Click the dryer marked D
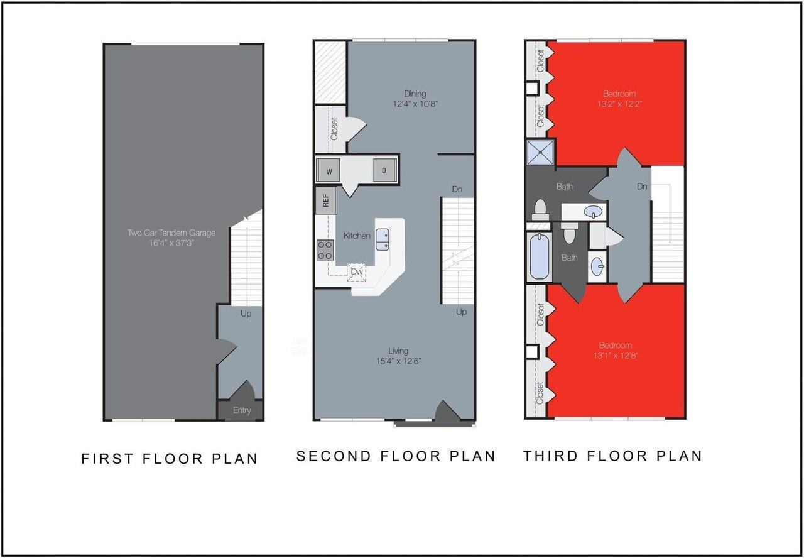383,171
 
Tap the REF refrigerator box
325,201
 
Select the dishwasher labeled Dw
357,271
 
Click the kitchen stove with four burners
325,250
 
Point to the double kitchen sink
383,239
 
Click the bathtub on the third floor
540,258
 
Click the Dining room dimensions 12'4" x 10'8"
411,105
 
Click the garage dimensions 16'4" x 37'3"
171,243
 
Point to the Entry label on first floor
241,411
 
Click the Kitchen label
357,236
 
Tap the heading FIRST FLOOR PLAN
170,459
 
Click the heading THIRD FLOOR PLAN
612,456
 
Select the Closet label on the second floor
334,129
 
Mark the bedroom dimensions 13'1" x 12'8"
615,356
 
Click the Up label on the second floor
461,312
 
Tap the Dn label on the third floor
642,187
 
